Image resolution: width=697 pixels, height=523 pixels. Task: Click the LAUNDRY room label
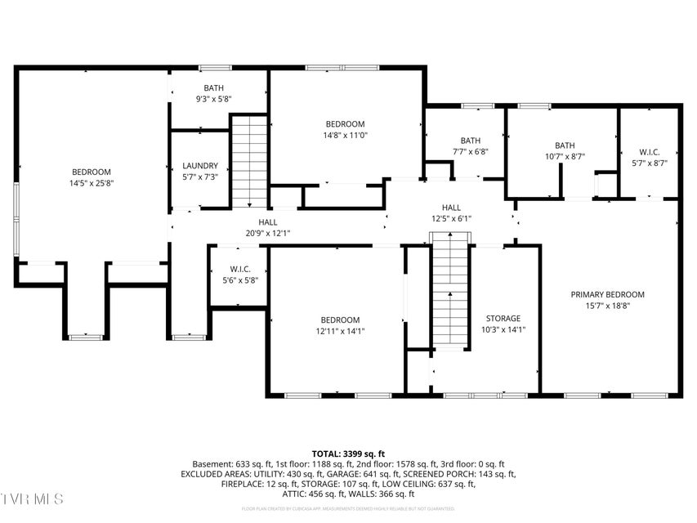coord(200,165)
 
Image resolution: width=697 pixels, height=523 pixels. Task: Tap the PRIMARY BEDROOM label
coord(607,294)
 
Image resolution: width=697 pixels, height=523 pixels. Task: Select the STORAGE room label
coord(503,319)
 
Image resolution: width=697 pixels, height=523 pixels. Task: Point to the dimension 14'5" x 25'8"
coord(91,183)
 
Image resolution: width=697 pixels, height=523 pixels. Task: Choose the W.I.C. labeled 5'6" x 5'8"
coord(239,269)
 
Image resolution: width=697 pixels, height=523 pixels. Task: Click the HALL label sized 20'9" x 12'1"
coord(267,221)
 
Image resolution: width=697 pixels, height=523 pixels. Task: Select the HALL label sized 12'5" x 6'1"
coord(452,208)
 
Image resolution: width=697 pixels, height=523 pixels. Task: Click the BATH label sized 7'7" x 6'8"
coord(470,141)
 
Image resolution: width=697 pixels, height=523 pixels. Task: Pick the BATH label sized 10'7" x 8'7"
coord(565,145)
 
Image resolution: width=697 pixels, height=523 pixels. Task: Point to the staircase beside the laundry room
coord(249,161)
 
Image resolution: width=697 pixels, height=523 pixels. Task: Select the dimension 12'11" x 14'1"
coord(339,331)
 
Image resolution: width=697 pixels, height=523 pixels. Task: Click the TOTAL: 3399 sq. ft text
coord(348,454)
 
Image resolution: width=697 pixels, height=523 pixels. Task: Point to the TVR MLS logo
coord(32,498)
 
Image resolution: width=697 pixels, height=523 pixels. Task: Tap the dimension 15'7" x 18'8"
coord(607,306)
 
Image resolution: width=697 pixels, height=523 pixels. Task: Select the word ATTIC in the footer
coord(296,494)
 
